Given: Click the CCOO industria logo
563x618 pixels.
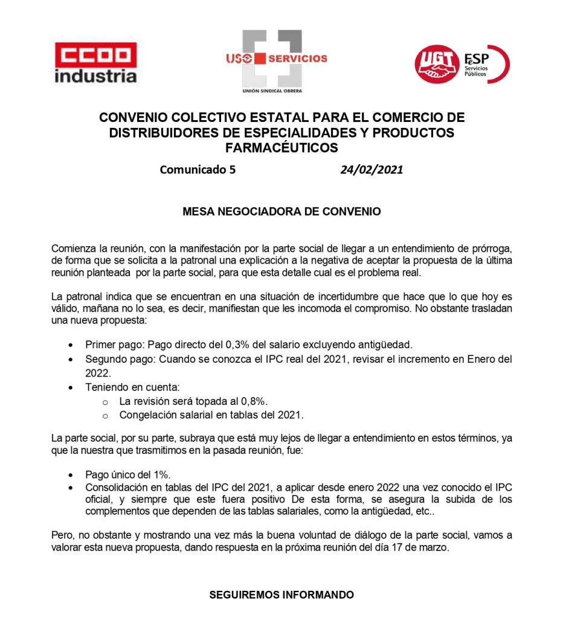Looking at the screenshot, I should [96, 62].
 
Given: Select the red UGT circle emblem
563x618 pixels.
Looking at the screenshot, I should [437, 65].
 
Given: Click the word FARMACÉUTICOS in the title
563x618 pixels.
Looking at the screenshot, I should [281, 147].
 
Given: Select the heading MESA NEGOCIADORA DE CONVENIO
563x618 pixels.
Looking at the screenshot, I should [281, 212].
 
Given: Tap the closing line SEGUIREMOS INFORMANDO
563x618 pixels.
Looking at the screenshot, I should [281, 595].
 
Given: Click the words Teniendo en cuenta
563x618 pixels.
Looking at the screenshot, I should [132, 387].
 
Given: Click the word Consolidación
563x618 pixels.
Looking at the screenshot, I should [118, 487].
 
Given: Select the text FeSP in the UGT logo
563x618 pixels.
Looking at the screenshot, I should [477, 59].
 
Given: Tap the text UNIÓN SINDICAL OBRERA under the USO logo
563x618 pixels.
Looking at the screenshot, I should [272, 91].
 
